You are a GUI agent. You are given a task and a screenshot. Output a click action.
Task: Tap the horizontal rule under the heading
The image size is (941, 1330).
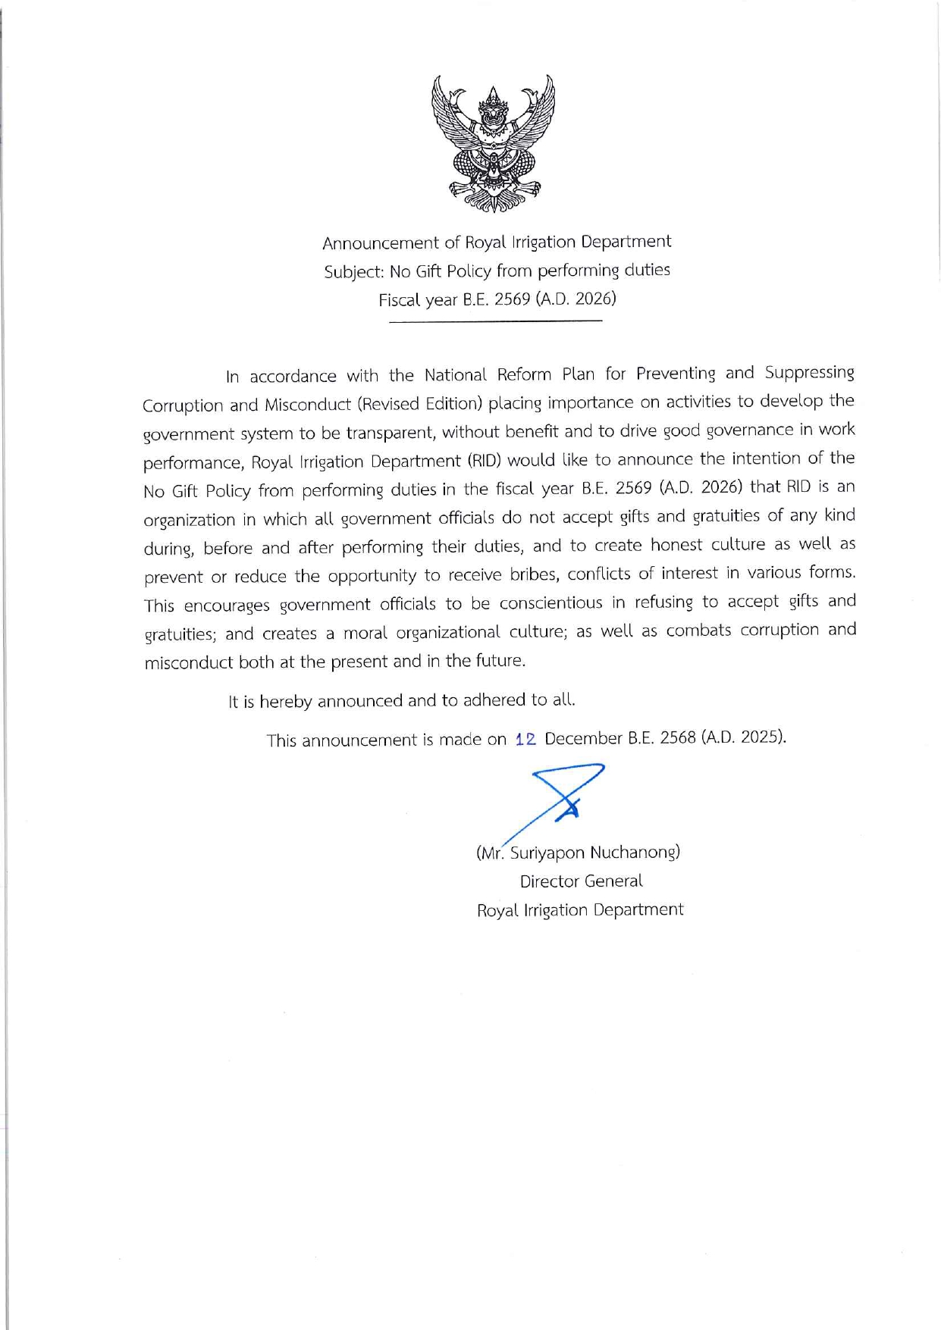(495, 322)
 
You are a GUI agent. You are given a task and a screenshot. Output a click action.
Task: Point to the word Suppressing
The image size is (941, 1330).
(809, 373)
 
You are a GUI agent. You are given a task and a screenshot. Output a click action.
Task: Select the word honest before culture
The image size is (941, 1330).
(677, 545)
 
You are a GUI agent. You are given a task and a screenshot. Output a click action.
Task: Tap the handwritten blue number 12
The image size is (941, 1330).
(525, 739)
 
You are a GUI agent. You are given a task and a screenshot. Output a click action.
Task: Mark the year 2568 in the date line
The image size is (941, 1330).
(678, 737)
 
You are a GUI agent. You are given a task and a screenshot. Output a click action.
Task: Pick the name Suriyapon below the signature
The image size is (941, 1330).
(547, 853)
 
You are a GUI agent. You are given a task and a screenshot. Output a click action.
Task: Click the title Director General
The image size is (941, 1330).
(581, 881)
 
